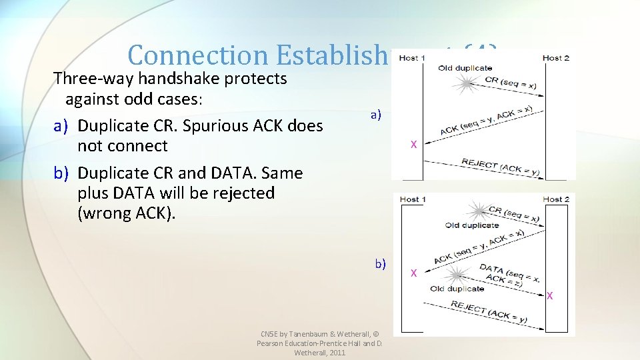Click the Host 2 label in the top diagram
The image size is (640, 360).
point(555,58)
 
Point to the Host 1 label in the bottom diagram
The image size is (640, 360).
point(409,199)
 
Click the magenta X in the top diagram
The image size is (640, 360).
point(413,144)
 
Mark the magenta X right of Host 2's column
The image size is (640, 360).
point(549,295)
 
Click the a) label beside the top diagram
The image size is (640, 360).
point(376,114)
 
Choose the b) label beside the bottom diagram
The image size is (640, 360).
point(380,263)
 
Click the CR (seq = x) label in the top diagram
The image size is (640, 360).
point(511,83)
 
